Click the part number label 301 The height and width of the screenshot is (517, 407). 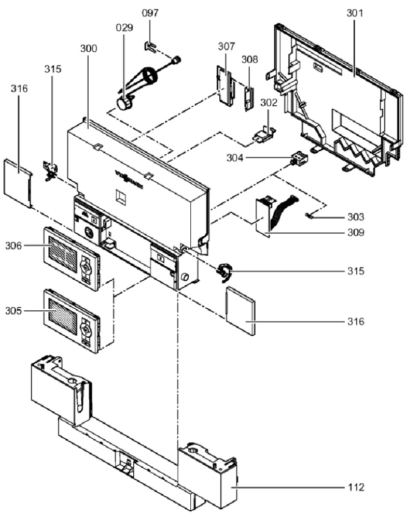click(x=355, y=13)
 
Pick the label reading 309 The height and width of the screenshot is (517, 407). click(x=355, y=233)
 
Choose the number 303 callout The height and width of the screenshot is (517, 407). click(x=355, y=216)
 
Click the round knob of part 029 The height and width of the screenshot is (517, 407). click(x=123, y=104)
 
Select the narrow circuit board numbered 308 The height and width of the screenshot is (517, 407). click(x=248, y=96)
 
